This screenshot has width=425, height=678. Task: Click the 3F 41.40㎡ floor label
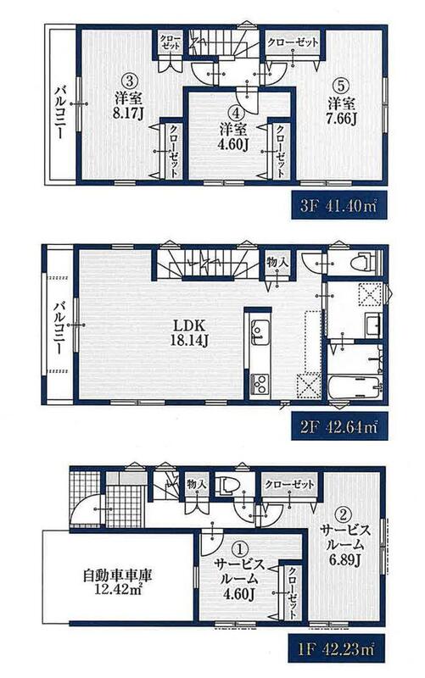coord(338,204)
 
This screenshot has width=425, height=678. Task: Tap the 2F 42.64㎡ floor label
coord(338,426)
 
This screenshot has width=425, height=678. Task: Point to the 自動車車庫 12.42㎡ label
coord(117,582)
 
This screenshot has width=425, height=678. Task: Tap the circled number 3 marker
coord(129,80)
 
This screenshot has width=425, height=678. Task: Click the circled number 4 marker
coord(236,114)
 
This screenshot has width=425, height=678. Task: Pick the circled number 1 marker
coord(239,550)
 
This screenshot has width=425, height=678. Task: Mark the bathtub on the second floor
coord(355,387)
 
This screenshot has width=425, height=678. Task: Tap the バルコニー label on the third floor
coord(60,112)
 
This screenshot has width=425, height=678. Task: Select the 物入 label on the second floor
coord(277,262)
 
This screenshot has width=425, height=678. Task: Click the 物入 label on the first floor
coord(197,484)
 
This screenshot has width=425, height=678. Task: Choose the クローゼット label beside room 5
coord(293,42)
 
